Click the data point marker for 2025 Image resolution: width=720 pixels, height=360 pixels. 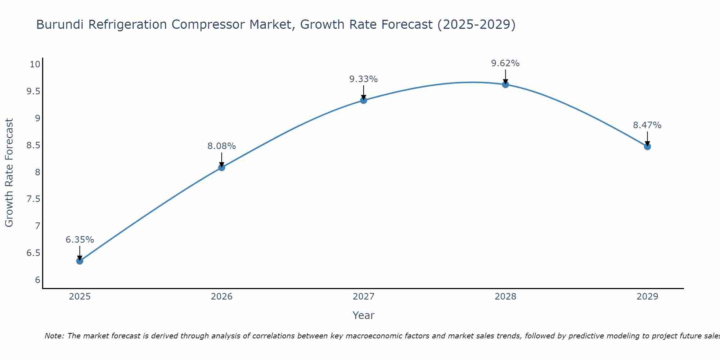tap(80, 261)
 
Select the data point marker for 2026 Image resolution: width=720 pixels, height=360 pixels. tap(221, 167)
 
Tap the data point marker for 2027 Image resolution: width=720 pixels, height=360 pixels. tap(364, 100)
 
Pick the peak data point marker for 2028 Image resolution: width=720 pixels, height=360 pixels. tap(505, 85)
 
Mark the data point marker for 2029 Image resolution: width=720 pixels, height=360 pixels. tap(647, 147)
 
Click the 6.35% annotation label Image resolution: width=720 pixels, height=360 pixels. tap(80, 240)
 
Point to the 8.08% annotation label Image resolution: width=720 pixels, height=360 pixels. tap(221, 146)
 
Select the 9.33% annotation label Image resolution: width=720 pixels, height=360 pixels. tap(364, 79)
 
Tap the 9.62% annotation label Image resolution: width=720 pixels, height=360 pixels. tap(505, 63)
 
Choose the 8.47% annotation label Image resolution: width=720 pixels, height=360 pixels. tap(647, 125)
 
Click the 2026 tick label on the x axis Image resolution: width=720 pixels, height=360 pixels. tap(221, 297)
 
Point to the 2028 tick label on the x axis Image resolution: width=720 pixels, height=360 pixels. tap(505, 297)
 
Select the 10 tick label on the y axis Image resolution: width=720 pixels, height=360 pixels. tap(35, 64)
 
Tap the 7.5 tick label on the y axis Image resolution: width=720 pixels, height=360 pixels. tap(33, 199)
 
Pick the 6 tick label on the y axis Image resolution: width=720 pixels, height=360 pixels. tap(37, 280)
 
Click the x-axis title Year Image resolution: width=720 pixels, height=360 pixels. tap(364, 315)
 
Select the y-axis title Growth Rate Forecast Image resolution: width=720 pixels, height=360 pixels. tap(9, 173)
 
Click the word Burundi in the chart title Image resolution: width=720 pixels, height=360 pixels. tap(60, 24)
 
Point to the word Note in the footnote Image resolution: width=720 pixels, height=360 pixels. tap(54, 336)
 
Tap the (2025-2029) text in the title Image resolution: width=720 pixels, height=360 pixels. tap(476, 24)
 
